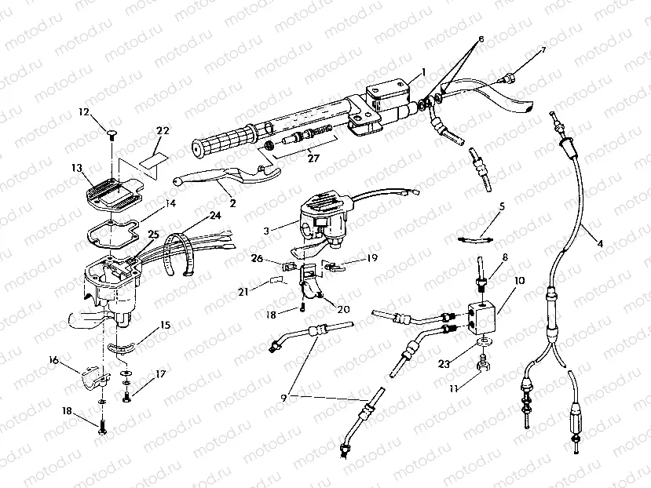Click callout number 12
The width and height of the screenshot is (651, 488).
pyautogui.click(x=85, y=112)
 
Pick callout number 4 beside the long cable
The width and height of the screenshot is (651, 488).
pyautogui.click(x=600, y=243)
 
